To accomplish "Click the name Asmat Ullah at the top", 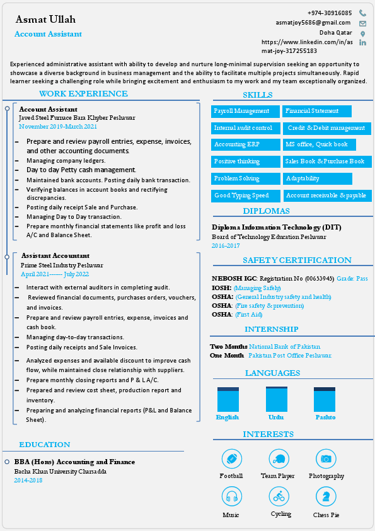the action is pos(45,20).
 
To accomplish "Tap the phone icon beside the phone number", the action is pos(362,13).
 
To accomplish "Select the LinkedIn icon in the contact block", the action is pos(362,42).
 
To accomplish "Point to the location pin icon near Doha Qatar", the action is pos(362,33).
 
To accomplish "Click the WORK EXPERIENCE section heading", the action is pos(83,94).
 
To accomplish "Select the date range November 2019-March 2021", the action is pos(58,126).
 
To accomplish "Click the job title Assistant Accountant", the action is pos(55,255).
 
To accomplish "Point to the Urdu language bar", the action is pos(276,399).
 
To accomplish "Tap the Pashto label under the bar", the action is pos(325,417).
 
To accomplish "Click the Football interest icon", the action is pos(231,459).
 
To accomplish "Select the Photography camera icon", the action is pos(326,459).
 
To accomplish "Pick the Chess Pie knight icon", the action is pos(326,497).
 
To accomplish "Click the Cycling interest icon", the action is pos(279,497).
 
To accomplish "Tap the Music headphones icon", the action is pos(231,497).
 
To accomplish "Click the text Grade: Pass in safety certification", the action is pos(352,278).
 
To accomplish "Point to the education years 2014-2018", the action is pos(28,481).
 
